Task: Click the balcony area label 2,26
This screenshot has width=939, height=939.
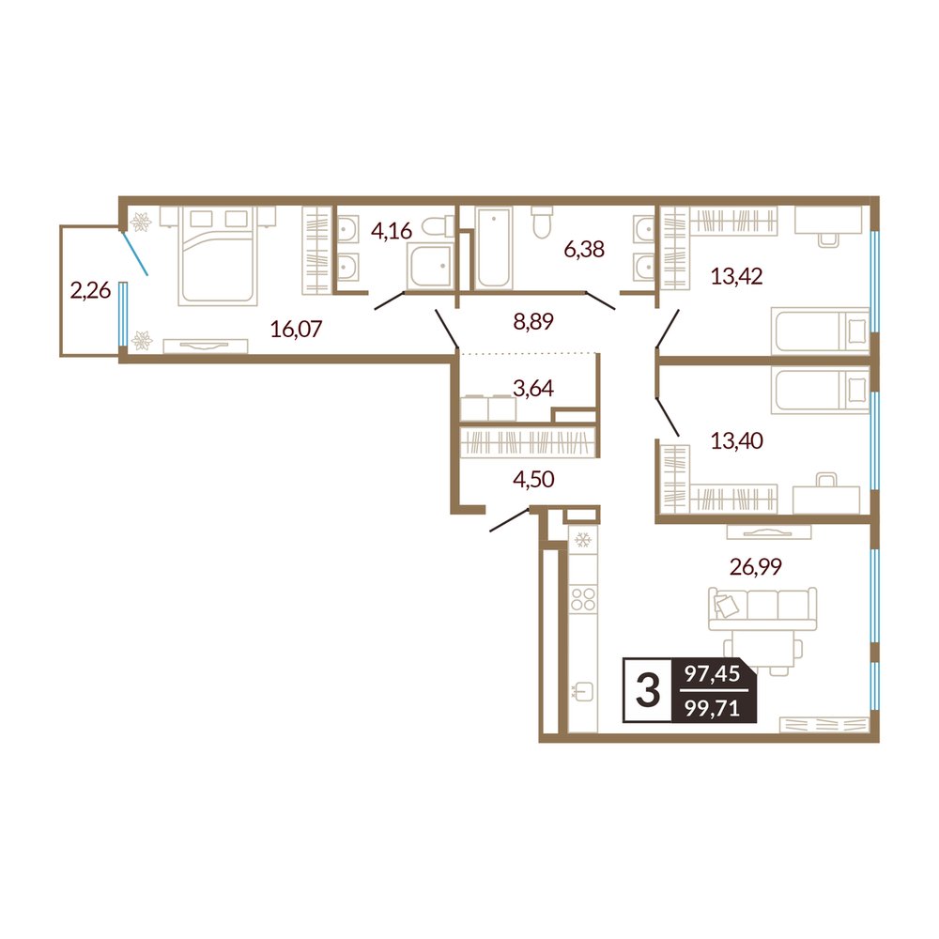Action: [x=90, y=291]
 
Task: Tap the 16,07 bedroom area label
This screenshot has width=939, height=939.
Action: [x=296, y=329]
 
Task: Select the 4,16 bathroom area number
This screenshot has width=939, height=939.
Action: [x=392, y=231]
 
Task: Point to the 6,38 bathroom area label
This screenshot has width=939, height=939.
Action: [x=584, y=249]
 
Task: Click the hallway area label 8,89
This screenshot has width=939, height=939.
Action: [x=533, y=321]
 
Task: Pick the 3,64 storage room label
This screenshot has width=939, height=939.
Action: [x=533, y=389]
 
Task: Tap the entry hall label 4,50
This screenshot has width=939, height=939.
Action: [x=533, y=479]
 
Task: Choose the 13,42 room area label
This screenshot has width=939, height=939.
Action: [x=736, y=277]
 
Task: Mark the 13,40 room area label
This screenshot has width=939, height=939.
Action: [x=736, y=440]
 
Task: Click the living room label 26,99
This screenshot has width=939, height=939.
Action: [x=756, y=566]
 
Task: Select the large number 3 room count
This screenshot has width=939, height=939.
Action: [x=647, y=690]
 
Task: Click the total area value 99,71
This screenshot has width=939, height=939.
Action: [x=713, y=709]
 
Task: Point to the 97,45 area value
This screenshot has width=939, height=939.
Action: [x=713, y=673]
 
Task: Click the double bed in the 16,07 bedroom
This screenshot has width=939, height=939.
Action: [x=218, y=255]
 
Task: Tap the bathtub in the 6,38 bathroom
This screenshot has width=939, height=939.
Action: [x=494, y=247]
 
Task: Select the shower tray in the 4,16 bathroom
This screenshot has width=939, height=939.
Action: [x=429, y=268]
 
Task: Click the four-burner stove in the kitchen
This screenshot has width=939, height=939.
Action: [x=583, y=599]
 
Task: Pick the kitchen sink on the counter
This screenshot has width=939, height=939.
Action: [x=583, y=692]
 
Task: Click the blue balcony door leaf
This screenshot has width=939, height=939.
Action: [x=135, y=254]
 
